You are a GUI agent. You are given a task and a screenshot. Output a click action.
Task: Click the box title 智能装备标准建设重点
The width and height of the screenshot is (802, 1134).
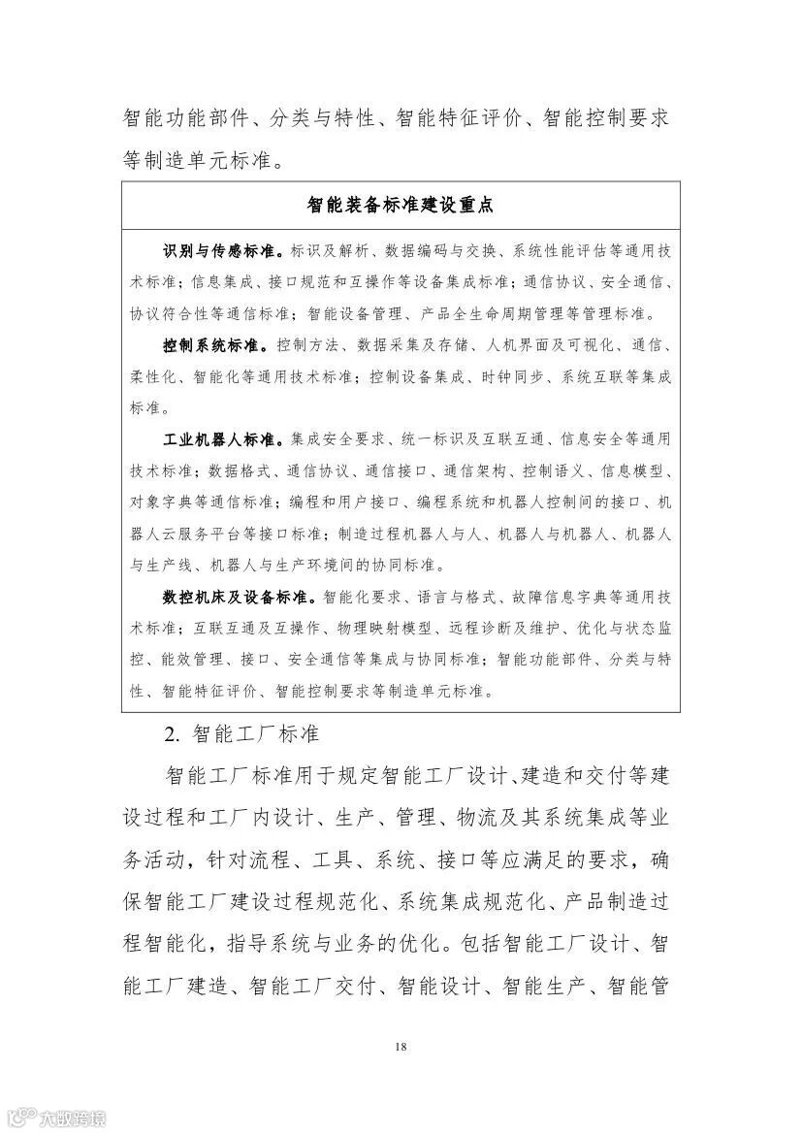pos(401,205)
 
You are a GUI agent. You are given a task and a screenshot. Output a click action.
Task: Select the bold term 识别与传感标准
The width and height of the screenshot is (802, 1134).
pos(218,251)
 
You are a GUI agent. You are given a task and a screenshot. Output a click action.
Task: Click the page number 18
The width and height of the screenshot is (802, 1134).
pos(401,1047)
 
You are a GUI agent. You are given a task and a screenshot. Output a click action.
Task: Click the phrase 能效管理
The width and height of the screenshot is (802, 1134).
pos(193,659)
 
